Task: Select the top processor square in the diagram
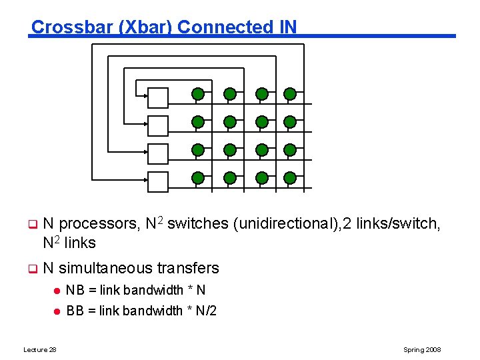[x=158, y=97]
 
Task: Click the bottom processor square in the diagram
[x=158, y=181]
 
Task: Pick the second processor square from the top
[x=158, y=125]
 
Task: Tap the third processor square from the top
[x=158, y=153]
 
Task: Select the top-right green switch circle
[x=289, y=94]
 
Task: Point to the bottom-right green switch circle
[x=289, y=178]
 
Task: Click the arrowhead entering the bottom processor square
[x=145, y=179]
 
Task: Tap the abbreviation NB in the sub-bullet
[x=74, y=290]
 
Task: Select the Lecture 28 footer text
[x=40, y=350]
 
